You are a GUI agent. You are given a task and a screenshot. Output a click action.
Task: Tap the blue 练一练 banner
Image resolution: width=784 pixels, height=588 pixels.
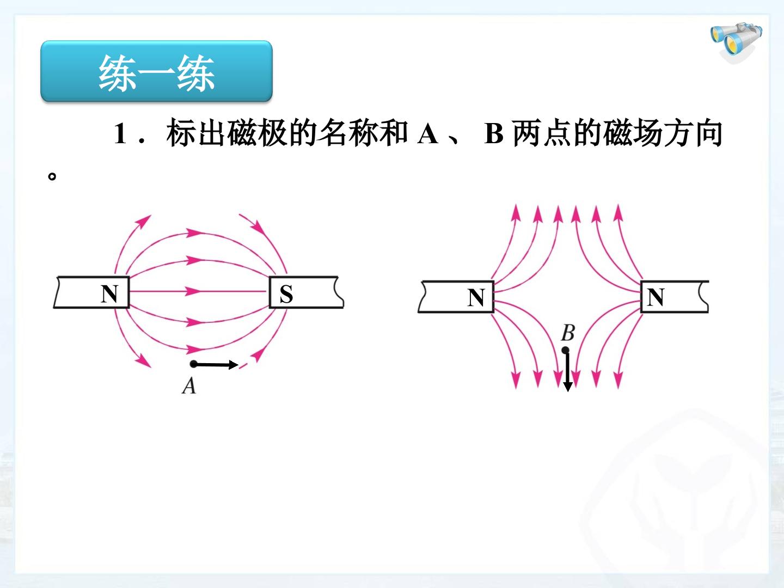156,71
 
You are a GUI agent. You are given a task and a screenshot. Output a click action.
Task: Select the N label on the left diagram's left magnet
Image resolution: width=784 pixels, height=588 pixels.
109,294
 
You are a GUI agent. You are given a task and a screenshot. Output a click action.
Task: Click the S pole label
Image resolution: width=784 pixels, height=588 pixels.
286,294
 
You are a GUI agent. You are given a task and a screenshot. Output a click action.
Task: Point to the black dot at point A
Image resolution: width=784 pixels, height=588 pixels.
194,364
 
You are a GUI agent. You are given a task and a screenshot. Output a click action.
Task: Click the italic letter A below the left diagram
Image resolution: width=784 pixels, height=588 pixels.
189,386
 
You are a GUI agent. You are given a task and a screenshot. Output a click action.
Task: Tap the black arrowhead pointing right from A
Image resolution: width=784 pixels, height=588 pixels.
234,365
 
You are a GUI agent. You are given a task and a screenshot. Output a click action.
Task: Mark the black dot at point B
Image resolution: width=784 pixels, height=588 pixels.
566,350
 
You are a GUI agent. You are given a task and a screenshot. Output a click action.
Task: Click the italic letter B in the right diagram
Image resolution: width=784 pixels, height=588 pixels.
568,333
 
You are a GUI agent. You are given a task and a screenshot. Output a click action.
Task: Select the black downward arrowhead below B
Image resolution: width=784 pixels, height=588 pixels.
568,387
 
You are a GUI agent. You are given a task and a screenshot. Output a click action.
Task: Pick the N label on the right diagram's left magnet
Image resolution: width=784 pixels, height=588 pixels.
476,297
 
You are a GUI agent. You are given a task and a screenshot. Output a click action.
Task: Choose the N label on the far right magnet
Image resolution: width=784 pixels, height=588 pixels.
656,297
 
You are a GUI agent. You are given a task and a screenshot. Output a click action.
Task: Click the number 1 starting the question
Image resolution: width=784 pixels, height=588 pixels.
120,133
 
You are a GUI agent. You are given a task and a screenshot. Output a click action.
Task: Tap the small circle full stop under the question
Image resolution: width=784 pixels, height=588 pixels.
52,176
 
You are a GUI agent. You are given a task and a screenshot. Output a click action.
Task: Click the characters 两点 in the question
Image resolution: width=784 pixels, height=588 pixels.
542,133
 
